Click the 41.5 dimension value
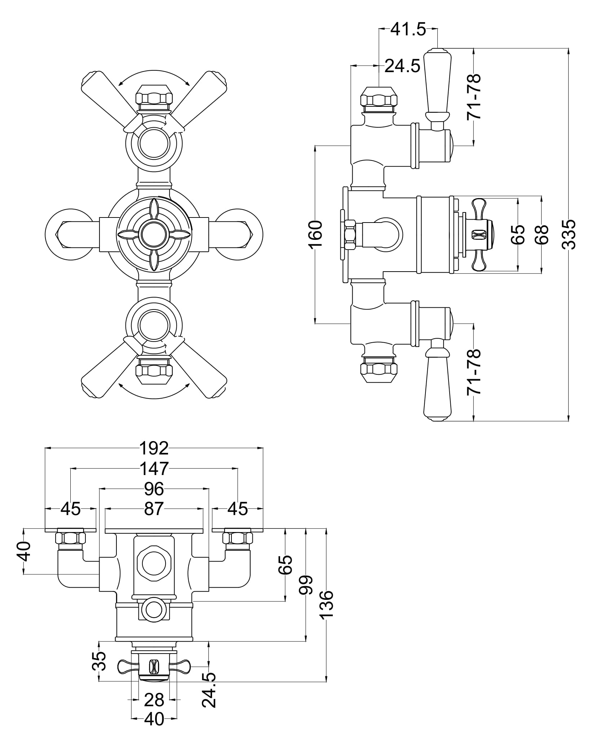click(x=408, y=30)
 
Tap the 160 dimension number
click(x=315, y=234)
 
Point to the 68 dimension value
click(x=542, y=234)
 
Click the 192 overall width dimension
click(x=154, y=448)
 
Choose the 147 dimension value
click(x=154, y=469)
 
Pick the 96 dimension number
click(x=154, y=489)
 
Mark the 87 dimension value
click(x=154, y=509)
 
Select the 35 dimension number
click(x=100, y=661)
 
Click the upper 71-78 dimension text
click(x=473, y=97)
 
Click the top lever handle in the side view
click(x=437, y=83)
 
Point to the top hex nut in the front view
click(x=154, y=97)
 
